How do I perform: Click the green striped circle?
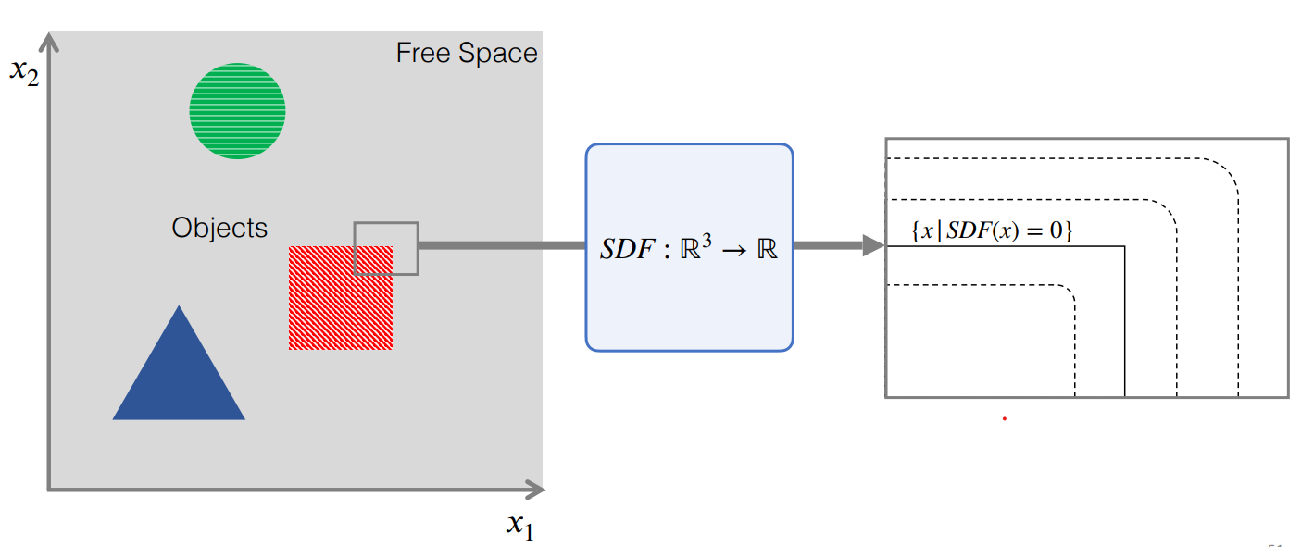237,111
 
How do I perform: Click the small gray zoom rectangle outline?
386,223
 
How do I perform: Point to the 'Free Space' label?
467,53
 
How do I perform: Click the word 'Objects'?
219,228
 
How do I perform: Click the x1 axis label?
520,525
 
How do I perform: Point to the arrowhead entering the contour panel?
873,245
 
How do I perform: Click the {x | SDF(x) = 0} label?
992,231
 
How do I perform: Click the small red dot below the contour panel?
1004,419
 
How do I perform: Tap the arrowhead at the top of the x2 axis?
48,42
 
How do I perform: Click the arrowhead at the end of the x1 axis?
536,489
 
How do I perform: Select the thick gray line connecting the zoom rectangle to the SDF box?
500,245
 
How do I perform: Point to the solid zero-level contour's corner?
1124,246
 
